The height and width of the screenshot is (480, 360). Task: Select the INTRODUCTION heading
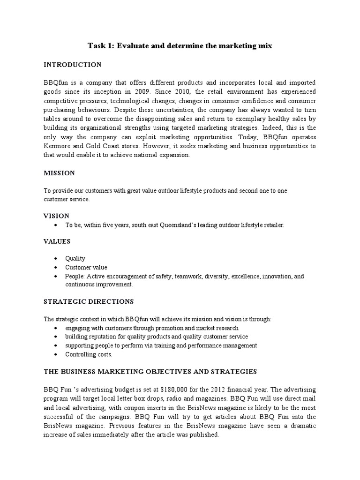pos(72,64)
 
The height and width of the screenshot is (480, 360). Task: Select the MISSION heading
pos(59,173)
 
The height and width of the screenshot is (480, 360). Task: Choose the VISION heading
pos(57,216)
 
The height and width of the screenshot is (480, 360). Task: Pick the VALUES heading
pos(57,241)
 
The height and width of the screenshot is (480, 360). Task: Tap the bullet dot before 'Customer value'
pos(56,268)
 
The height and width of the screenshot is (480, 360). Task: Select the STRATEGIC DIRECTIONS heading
pos(89,301)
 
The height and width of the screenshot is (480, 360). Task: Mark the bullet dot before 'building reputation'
pos(56,337)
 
